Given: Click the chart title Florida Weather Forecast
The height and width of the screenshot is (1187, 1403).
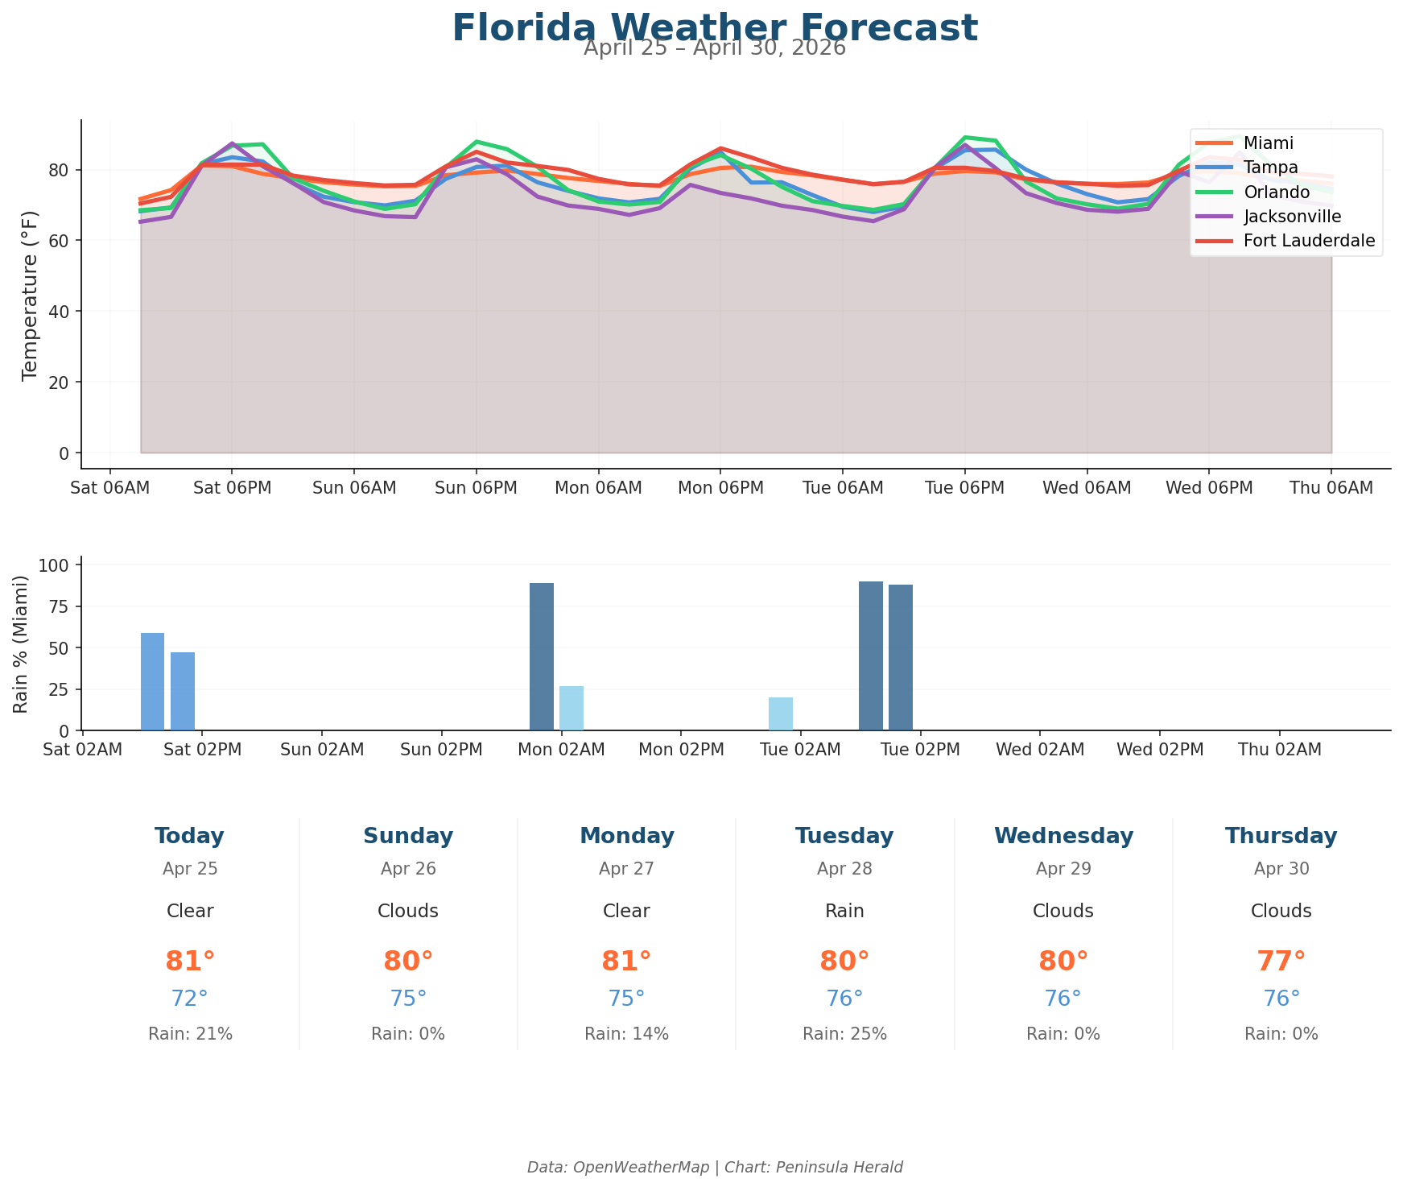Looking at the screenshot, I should pos(714,28).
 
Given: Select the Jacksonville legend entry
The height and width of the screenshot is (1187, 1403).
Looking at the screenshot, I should pos(1292,217).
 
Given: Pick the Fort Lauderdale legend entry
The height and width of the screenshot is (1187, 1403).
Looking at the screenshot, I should pos(1309,241).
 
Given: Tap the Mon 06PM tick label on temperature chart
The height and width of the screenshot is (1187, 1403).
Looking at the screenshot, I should pos(720,488).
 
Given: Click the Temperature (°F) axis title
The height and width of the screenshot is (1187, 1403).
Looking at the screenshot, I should pos(30,295).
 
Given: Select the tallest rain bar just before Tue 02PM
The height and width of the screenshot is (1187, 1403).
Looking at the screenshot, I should pos(870,656).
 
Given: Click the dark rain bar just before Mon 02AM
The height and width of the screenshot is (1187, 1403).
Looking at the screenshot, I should pos(541,656).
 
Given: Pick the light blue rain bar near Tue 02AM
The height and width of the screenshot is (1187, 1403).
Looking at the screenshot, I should pos(780,713).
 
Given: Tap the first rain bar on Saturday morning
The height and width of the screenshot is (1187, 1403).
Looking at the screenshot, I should pos(152,681).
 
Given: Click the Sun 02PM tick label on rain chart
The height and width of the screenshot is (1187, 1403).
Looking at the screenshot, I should pos(441,750).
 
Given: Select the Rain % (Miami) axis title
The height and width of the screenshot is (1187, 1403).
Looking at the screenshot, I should pos(22,643).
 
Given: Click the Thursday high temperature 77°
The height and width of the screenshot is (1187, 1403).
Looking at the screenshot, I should pos(1281,962).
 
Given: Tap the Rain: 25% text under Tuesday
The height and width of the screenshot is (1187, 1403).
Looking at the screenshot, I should pos(844,1034).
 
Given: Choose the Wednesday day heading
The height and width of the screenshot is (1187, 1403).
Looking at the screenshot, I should pos(1063,837).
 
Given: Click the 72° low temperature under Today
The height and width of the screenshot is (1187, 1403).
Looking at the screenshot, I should pos(189,999).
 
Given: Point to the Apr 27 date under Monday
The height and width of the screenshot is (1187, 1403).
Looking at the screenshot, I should pos(626,869).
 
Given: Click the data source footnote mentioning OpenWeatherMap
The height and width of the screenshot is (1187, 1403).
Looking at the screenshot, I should pos(714,1167).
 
